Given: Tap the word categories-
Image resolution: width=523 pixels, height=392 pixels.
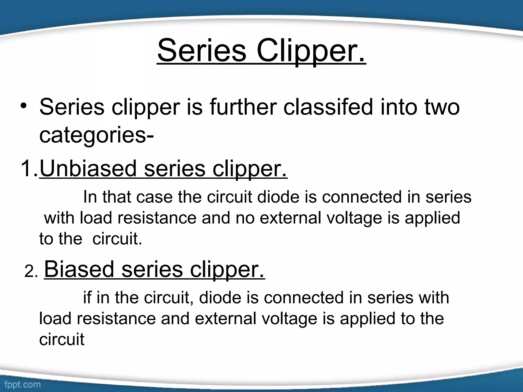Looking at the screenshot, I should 97,135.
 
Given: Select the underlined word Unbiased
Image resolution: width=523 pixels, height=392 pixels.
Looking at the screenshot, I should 88,168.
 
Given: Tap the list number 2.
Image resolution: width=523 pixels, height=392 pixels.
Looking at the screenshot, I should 31,272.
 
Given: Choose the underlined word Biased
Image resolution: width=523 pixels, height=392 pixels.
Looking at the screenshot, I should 79,269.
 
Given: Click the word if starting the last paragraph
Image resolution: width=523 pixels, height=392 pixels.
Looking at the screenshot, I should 87,298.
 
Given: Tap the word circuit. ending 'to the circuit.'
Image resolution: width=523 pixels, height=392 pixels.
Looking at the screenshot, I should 117,239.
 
